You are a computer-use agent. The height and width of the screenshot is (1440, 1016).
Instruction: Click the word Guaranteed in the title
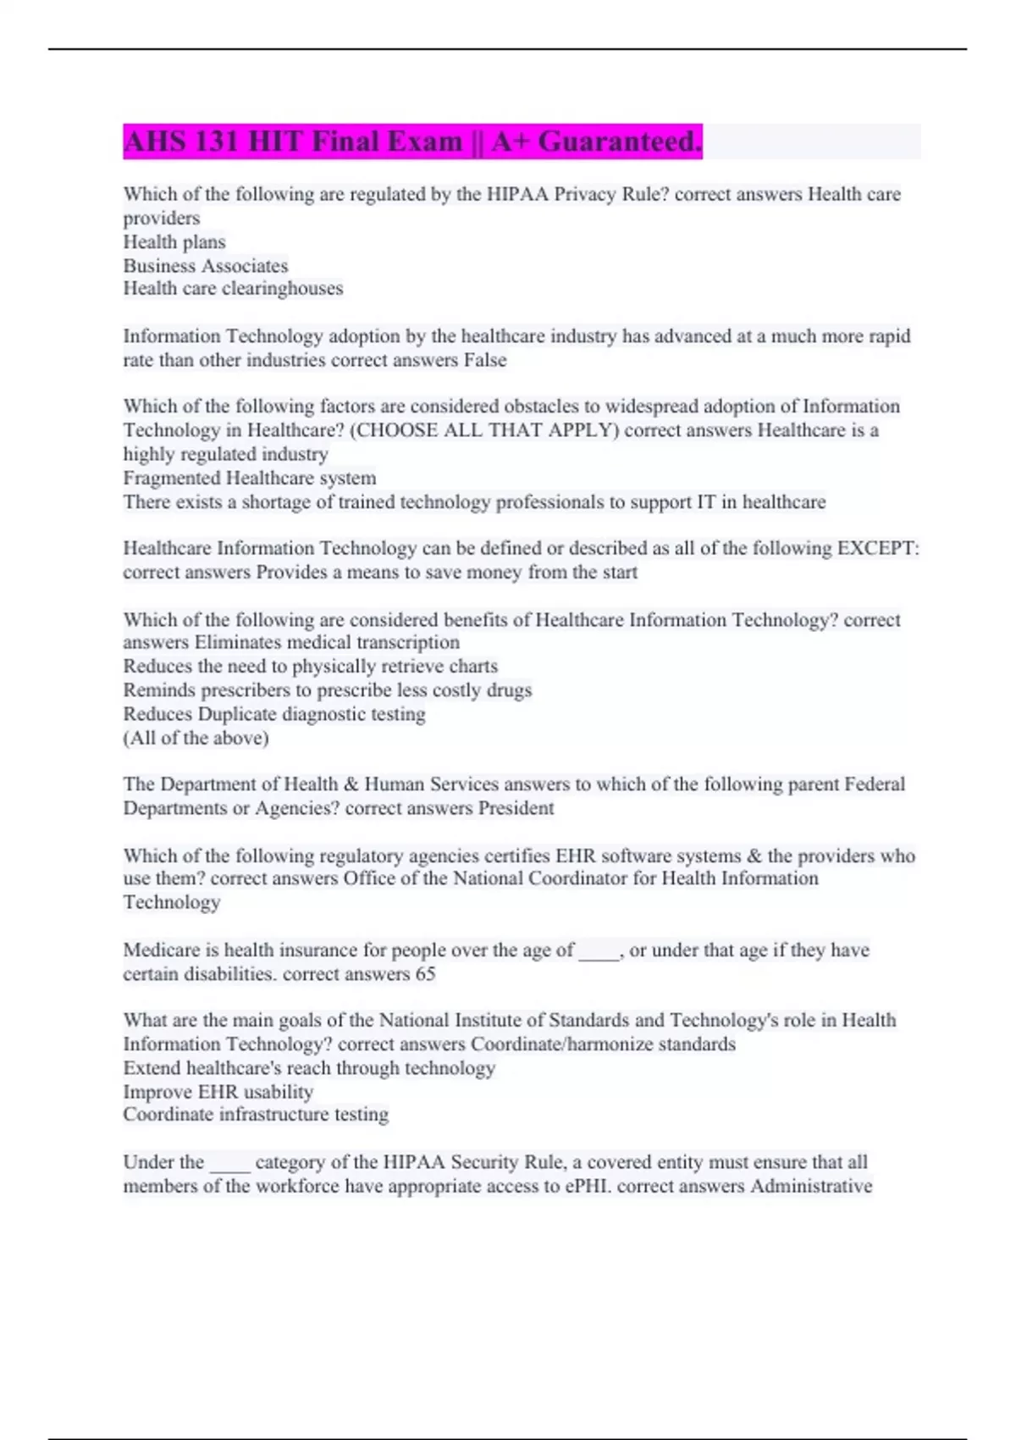[x=617, y=141]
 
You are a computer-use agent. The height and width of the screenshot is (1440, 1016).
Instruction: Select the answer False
[x=485, y=360]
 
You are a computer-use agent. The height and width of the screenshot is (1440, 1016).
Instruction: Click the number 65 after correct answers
[x=425, y=974]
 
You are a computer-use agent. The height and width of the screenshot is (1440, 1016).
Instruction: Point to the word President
[x=516, y=808]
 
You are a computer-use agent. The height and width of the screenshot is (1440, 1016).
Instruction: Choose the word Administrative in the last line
[x=811, y=1186]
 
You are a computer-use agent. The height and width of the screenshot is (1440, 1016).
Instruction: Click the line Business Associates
[x=206, y=266]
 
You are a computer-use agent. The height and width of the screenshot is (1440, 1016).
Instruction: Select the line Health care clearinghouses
[x=233, y=289]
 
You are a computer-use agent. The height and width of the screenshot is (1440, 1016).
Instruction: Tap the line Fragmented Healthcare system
[x=250, y=479]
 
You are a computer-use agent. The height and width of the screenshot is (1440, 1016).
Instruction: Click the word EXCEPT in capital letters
[x=876, y=548]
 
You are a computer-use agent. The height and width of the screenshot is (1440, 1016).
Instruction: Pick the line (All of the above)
[x=196, y=738]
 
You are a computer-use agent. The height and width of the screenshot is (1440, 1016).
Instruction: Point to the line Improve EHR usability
[x=218, y=1092]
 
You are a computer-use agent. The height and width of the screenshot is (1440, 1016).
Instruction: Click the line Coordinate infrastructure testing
[x=256, y=1115]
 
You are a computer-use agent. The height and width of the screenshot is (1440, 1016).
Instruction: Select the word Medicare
[x=162, y=950]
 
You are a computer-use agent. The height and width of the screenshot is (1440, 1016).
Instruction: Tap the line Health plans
[x=174, y=242]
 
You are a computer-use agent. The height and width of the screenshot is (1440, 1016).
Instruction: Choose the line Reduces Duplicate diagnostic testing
[x=274, y=714]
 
